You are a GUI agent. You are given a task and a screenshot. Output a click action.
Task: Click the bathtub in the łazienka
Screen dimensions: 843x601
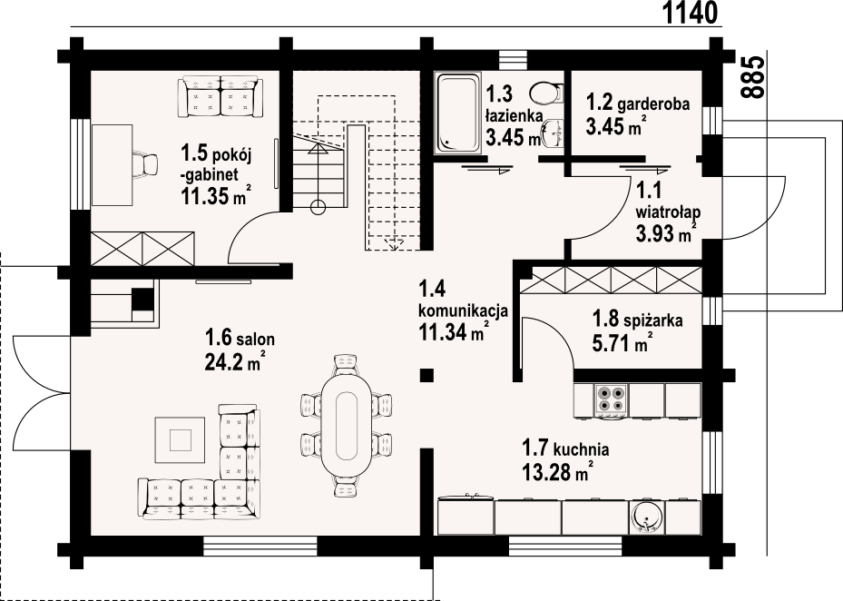pos(458,113)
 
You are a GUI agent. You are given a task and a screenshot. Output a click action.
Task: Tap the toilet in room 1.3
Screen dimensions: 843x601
pos(546,94)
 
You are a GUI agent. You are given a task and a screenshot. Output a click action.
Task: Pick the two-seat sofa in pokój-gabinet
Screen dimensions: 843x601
pos(221,96)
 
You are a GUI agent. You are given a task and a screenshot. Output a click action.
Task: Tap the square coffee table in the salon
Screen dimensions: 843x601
pos(180,439)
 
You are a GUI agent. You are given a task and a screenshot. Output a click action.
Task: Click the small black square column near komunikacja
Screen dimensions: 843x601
pos(426,375)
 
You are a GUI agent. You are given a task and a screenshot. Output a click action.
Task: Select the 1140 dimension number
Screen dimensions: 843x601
pos(690,13)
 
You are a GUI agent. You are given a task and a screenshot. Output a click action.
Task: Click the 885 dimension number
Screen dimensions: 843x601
pos(752,77)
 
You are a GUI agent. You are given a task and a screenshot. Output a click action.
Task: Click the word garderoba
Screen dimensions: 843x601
pos(653,103)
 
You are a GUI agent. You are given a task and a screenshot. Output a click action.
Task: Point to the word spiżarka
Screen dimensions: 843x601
pos(653,320)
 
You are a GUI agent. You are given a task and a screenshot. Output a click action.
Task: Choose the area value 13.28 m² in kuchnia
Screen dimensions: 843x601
pos(557,472)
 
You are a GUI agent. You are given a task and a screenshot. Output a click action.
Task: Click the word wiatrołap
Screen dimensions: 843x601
pos(668,212)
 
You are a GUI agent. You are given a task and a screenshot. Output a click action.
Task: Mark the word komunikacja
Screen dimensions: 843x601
pos(463,310)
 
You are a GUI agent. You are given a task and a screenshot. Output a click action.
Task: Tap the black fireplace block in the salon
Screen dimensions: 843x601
pos(142,300)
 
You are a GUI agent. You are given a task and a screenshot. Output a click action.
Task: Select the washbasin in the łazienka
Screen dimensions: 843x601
pos(552,133)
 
